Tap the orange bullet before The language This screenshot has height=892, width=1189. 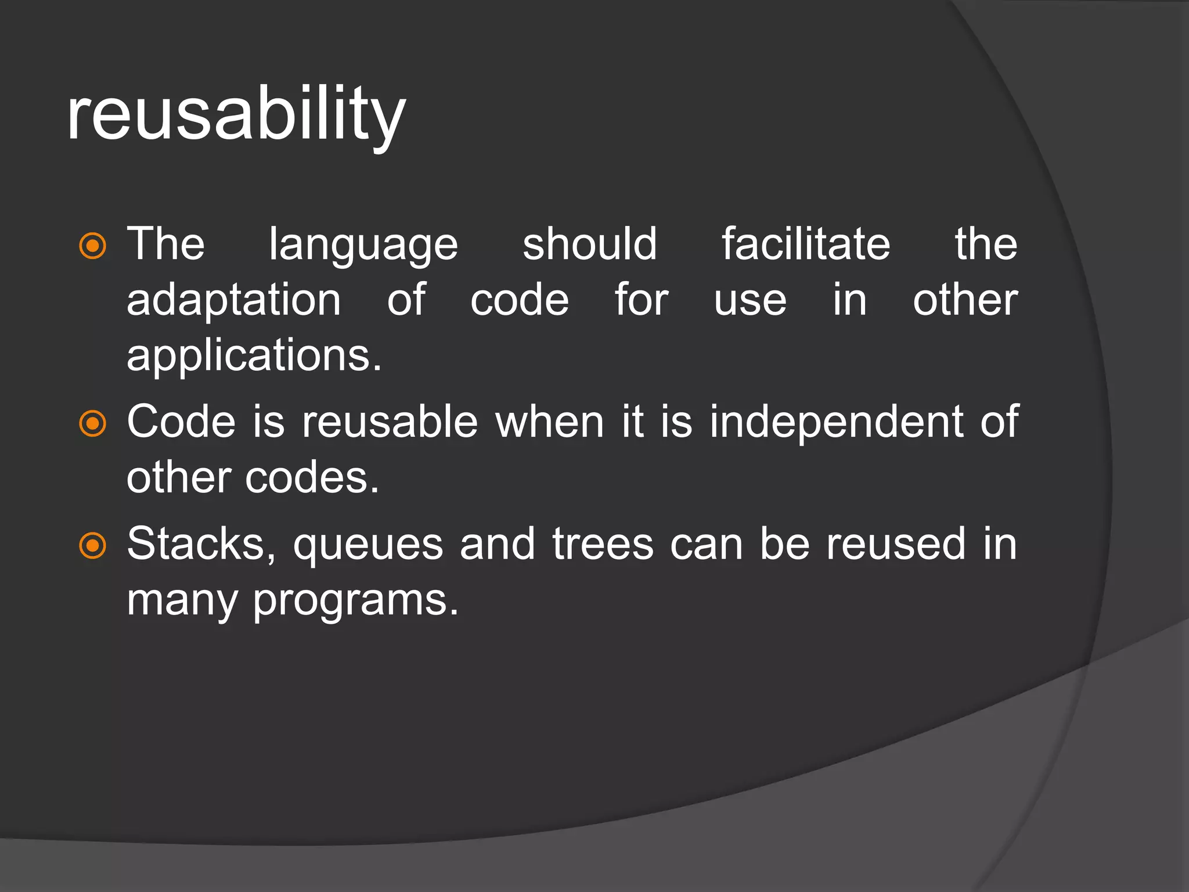click(x=93, y=246)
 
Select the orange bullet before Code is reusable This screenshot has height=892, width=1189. click(x=93, y=423)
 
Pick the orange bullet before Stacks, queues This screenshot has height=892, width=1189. click(x=93, y=546)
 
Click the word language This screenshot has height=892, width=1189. click(x=363, y=245)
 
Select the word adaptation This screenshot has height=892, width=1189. click(x=234, y=301)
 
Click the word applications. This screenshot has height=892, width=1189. click(x=254, y=356)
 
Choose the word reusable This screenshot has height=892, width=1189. click(x=390, y=422)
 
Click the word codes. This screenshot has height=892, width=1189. click(x=312, y=477)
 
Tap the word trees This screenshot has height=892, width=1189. click(x=603, y=544)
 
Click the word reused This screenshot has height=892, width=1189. click(x=896, y=544)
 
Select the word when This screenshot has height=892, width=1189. click(x=550, y=422)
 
